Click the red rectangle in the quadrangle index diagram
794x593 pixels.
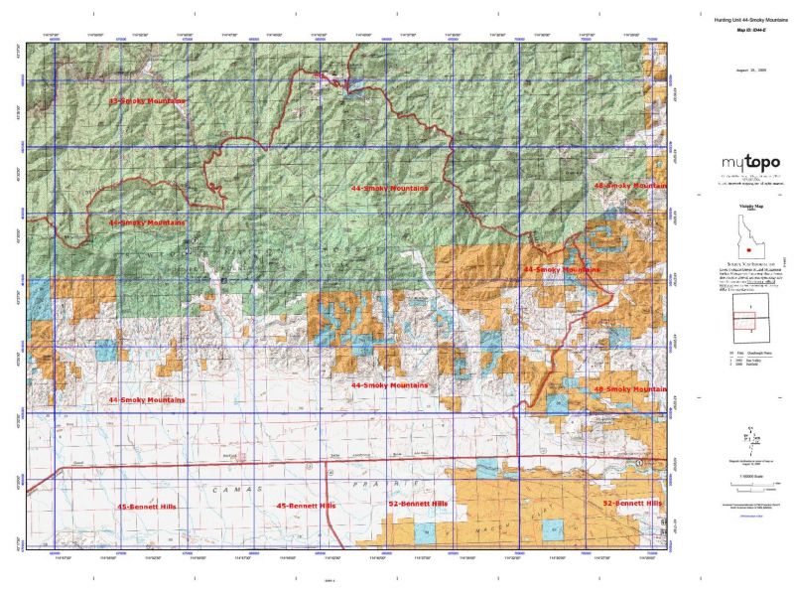click(744, 321)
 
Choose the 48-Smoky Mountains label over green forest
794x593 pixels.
click(629, 185)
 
